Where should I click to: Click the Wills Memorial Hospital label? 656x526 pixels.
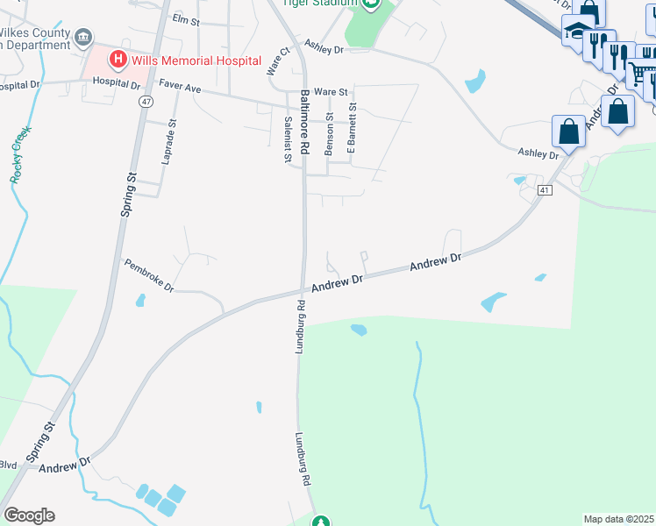click(197, 60)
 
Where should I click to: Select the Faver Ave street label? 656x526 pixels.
click(181, 87)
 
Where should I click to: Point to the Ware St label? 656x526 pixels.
click(331, 91)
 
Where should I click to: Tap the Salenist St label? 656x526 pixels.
click(287, 140)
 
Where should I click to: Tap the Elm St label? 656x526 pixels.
click(186, 18)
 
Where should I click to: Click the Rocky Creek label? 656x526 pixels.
click(20, 154)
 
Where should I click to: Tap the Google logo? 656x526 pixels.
click(28, 515)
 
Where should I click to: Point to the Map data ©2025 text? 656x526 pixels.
click(617, 519)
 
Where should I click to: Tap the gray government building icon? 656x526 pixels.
click(83, 37)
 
